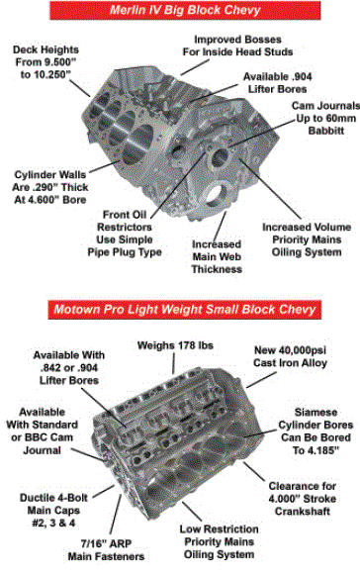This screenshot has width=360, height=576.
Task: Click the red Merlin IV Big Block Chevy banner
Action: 185,10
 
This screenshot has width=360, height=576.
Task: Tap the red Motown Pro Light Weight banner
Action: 185,310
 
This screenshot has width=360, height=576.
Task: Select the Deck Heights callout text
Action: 45,62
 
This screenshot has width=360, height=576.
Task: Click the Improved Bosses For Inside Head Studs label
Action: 237,46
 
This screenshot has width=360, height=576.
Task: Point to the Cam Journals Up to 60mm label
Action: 325,118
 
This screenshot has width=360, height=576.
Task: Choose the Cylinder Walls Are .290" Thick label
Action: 50,187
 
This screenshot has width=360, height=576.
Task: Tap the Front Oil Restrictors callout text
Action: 125,234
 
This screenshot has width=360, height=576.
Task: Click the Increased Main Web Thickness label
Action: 217,256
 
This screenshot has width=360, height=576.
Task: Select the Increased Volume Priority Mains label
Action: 307,240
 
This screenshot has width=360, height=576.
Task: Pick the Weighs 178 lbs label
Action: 175,345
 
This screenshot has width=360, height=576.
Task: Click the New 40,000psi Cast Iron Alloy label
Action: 290,356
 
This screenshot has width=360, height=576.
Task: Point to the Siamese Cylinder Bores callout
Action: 315,432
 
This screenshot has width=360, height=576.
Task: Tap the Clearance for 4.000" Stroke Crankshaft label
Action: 302,499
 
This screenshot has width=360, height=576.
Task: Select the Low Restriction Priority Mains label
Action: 220,541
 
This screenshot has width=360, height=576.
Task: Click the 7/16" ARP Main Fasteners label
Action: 106,550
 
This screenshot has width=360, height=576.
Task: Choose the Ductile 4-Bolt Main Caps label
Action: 53,511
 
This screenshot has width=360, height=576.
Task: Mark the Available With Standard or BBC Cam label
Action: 42,431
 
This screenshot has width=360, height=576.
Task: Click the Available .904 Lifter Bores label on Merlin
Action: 278,83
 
